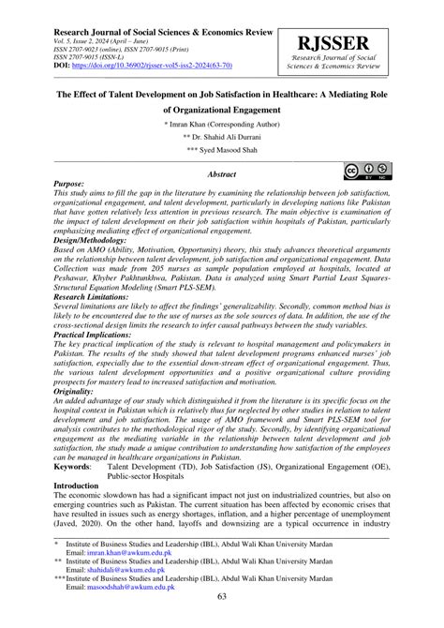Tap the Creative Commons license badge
click(x=367, y=171)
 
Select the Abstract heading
click(x=221, y=174)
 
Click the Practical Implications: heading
click(x=101, y=334)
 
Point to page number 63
click(x=222, y=598)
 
